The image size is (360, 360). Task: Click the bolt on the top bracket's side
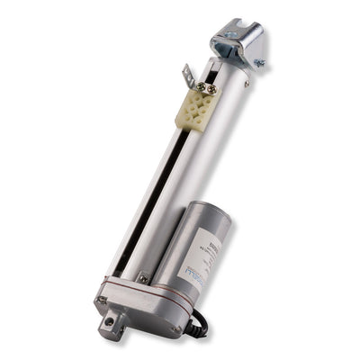[258, 63]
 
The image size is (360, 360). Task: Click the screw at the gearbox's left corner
[101, 299]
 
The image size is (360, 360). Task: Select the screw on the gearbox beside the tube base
[144, 279]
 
